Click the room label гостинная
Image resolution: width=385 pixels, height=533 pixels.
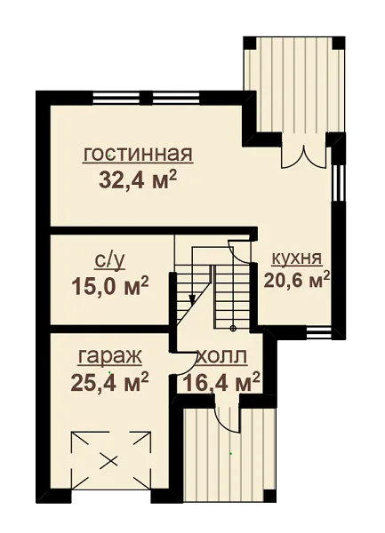click(x=138, y=155)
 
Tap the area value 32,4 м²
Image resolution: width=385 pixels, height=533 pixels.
click(x=138, y=180)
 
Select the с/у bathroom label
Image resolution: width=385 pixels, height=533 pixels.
click(x=109, y=261)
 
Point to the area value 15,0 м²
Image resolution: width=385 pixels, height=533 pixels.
click(x=109, y=286)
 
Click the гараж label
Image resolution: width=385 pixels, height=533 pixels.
click(x=109, y=357)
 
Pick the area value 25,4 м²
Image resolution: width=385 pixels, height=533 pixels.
click(x=109, y=382)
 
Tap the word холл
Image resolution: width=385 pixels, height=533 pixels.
click(x=222, y=358)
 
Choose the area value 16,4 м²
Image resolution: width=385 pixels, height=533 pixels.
click(x=221, y=382)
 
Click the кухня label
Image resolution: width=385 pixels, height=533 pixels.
click(x=297, y=259)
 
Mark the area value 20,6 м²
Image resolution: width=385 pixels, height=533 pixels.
click(x=297, y=281)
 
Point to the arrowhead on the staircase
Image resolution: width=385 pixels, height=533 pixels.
click(x=192, y=298)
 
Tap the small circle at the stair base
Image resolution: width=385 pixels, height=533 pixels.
click(x=233, y=329)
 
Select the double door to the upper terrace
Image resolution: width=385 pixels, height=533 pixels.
click(x=304, y=156)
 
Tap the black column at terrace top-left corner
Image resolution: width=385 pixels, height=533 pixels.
click(x=249, y=44)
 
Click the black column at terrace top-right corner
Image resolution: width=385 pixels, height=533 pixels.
click(x=338, y=44)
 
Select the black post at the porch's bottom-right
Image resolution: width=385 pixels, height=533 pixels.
click(x=269, y=496)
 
